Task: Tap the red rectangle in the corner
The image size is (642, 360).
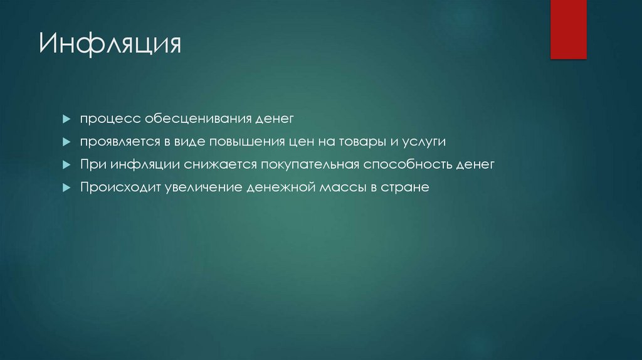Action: pyautogui.click(x=568, y=29)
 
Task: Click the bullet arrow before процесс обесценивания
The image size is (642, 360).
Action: pyautogui.click(x=66, y=119)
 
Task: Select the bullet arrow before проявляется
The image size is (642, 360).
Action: pyautogui.click(x=66, y=142)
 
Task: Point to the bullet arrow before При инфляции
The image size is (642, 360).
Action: pyautogui.click(x=66, y=165)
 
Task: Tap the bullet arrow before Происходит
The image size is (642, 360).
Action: pyautogui.click(x=66, y=188)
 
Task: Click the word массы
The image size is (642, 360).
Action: pyautogui.click(x=337, y=188)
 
